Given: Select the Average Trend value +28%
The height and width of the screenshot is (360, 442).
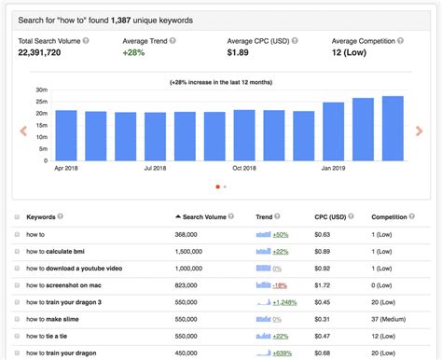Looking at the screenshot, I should click(134, 54).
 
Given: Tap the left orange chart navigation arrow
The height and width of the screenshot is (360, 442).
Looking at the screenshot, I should click(24, 131).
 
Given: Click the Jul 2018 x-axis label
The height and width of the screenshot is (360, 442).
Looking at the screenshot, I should click(156, 169).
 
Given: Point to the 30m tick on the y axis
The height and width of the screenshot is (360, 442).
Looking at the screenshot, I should click(42, 90).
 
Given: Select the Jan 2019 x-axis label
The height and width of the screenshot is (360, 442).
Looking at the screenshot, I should click(334, 169).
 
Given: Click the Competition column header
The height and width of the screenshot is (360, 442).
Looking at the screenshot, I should click(389, 216).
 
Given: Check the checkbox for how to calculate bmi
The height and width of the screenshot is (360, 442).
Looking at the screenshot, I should click(17, 251).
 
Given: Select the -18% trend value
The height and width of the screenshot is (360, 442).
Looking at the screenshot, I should click(280, 284).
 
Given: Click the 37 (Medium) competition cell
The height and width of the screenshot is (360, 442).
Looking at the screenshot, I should click(392, 318).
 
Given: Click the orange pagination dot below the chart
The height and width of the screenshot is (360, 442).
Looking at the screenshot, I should click(217, 187).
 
